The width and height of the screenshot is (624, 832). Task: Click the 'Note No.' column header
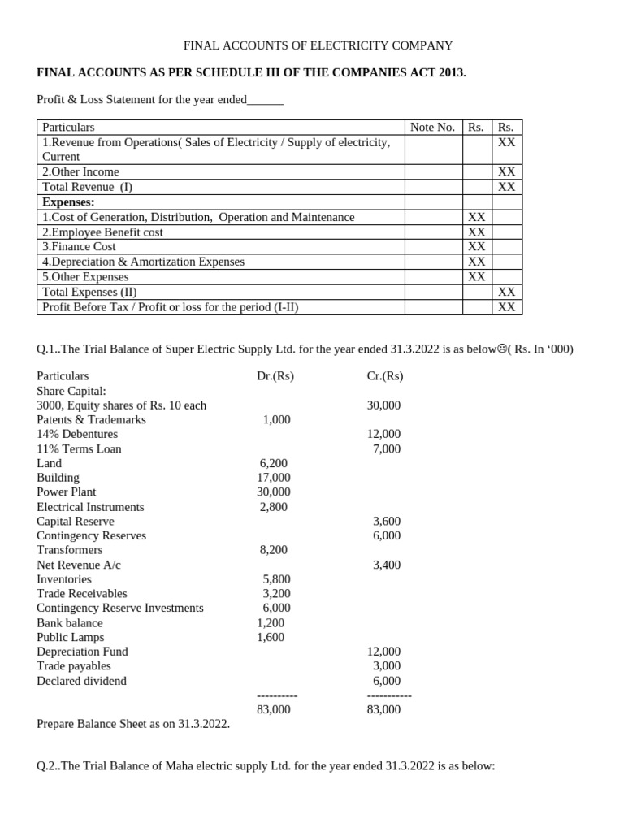tap(432, 128)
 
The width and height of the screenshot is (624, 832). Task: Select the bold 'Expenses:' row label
tap(68, 201)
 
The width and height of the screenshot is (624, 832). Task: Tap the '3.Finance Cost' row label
tap(79, 247)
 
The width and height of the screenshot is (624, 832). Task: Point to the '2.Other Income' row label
tap(80, 172)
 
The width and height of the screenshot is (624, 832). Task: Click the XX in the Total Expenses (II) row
tap(506, 292)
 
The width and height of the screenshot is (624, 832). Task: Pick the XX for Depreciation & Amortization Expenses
tap(477, 262)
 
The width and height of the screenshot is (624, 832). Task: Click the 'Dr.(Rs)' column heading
tap(275, 376)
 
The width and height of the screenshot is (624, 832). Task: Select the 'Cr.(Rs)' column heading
tap(385, 376)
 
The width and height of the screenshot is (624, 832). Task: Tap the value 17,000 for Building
tap(274, 478)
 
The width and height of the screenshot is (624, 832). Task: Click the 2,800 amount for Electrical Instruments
tap(275, 507)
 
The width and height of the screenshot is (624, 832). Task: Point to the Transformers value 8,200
tap(275, 550)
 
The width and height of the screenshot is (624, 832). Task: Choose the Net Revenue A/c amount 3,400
tap(386, 565)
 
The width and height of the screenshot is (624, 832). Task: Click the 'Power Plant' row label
tap(67, 492)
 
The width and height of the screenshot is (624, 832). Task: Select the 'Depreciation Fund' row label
tap(82, 652)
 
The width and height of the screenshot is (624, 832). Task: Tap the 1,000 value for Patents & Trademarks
tap(276, 420)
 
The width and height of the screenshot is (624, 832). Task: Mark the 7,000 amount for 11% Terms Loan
tap(386, 449)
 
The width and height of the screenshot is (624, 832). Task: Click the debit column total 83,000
tap(274, 709)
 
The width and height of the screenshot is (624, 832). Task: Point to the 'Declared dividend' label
tap(81, 681)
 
